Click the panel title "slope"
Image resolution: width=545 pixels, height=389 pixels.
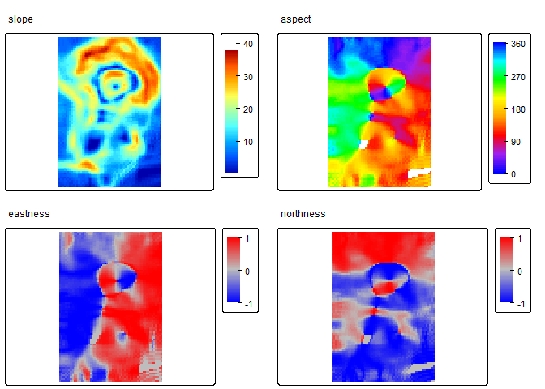coord(21,19)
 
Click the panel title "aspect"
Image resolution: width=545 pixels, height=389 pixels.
coord(295,19)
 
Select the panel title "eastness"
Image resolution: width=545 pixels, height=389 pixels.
coord(29,214)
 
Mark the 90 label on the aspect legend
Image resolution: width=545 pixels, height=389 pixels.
coord(517,141)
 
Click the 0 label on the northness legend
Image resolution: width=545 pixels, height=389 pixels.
coord(519,271)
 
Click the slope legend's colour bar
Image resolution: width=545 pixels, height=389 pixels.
coord(232,112)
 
